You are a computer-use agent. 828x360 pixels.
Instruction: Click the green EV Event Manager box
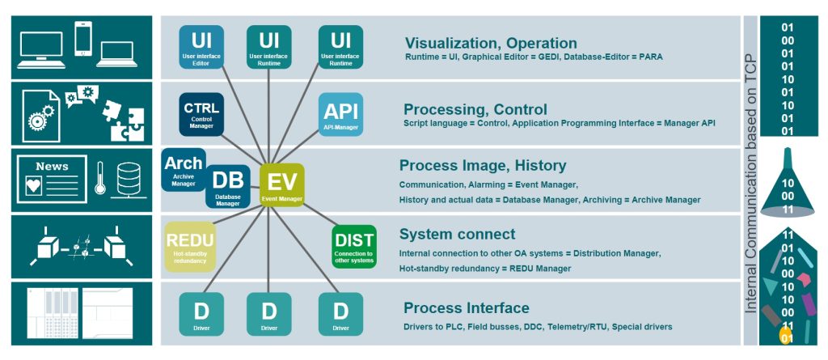coord(281,184)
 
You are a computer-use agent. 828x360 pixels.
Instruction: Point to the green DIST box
coord(354,246)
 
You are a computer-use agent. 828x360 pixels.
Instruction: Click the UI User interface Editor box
coord(201,47)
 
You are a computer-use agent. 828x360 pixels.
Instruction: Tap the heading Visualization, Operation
coord(491,43)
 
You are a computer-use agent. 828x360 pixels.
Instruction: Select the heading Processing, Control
coord(475,109)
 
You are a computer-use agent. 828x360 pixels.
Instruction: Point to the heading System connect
coord(457,235)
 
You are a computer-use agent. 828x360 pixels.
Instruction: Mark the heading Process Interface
coord(467,307)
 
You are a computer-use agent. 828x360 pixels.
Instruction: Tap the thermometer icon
coord(99,178)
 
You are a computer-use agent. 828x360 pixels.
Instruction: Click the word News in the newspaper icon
coord(52,167)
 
